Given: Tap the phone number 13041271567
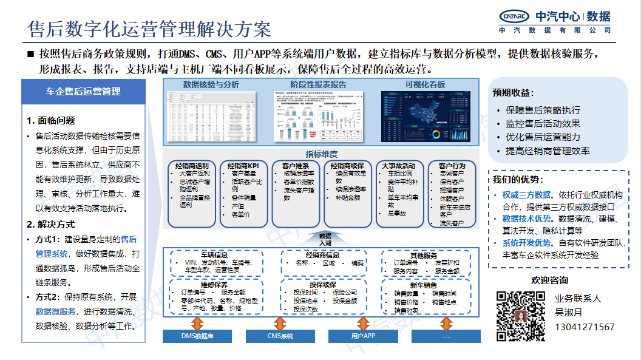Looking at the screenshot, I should click(585, 327).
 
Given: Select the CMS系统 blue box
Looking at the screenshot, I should click(280, 336).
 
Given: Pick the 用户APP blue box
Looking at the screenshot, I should click(363, 336).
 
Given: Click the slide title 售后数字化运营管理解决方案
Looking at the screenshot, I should click(149, 29).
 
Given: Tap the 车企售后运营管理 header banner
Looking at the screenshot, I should click(83, 92).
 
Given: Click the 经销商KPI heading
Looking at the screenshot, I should click(243, 165).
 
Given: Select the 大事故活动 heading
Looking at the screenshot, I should click(399, 165).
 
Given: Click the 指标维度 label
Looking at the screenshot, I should click(322, 154).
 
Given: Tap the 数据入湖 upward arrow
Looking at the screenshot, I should click(325, 239).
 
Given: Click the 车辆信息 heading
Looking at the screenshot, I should click(214, 254).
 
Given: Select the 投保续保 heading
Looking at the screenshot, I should click(322, 285).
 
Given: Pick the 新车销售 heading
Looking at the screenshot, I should click(423, 285).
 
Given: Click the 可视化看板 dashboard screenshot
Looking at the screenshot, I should click(425, 117).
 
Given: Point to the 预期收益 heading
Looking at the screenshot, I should click(514, 93).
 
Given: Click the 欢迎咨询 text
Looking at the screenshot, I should click(549, 280).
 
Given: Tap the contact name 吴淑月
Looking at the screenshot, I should click(568, 313).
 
